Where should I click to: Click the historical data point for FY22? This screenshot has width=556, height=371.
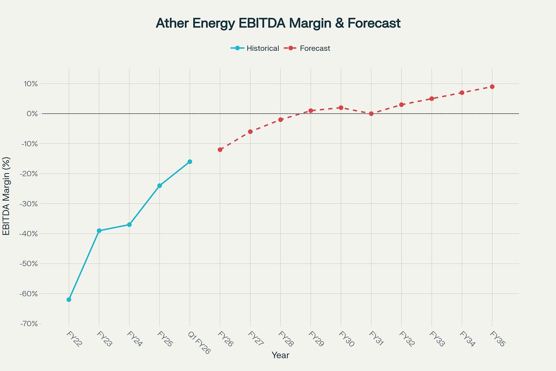69,300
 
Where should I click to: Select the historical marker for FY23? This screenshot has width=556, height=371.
99,231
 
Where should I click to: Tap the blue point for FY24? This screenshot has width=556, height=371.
129,225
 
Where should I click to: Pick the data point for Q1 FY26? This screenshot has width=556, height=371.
190,162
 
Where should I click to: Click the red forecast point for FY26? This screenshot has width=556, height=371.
220,150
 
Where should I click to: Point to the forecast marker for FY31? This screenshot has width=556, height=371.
371,113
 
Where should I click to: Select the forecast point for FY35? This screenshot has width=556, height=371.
492,87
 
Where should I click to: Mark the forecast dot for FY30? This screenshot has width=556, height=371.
341,108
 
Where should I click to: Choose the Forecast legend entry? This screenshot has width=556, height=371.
309,48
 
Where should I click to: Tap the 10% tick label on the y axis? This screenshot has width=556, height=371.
30,84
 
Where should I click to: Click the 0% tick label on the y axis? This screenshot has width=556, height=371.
32,113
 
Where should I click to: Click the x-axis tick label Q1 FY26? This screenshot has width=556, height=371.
199,342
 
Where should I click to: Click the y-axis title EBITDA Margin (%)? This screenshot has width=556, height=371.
6,196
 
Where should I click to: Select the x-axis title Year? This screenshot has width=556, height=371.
280,355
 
